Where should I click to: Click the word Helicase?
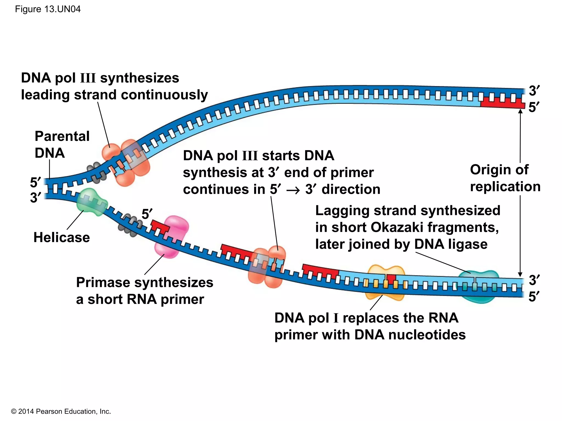click(61, 237)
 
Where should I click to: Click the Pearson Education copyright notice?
click(61, 411)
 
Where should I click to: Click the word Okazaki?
click(397, 227)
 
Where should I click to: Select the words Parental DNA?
click(62, 144)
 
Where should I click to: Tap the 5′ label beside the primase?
click(147, 214)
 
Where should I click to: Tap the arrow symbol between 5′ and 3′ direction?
click(293, 190)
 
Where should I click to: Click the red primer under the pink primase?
click(159, 226)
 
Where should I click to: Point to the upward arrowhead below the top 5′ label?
click(520, 111)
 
